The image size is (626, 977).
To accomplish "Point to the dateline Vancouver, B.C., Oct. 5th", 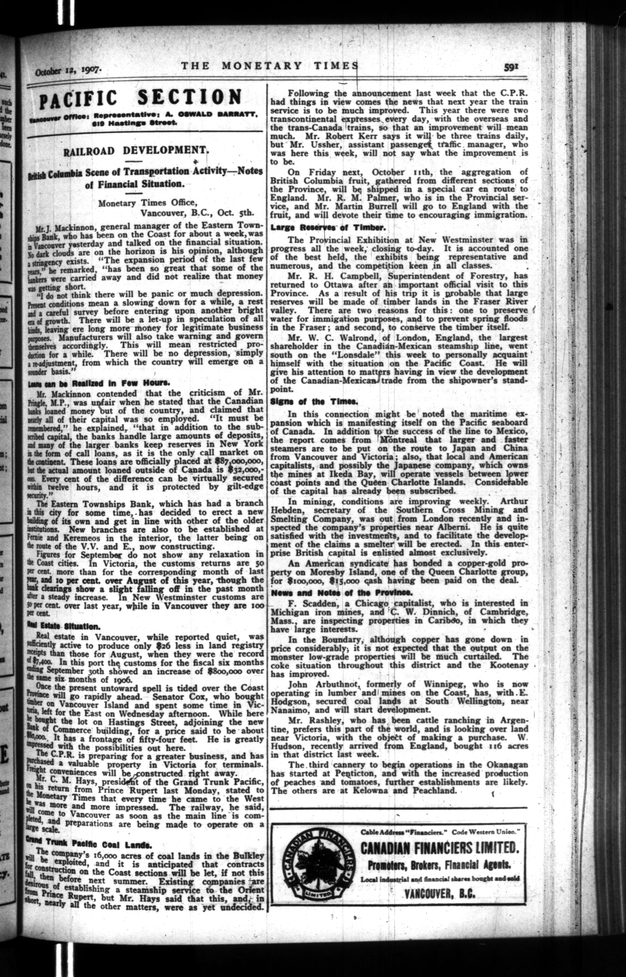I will [196, 211].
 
